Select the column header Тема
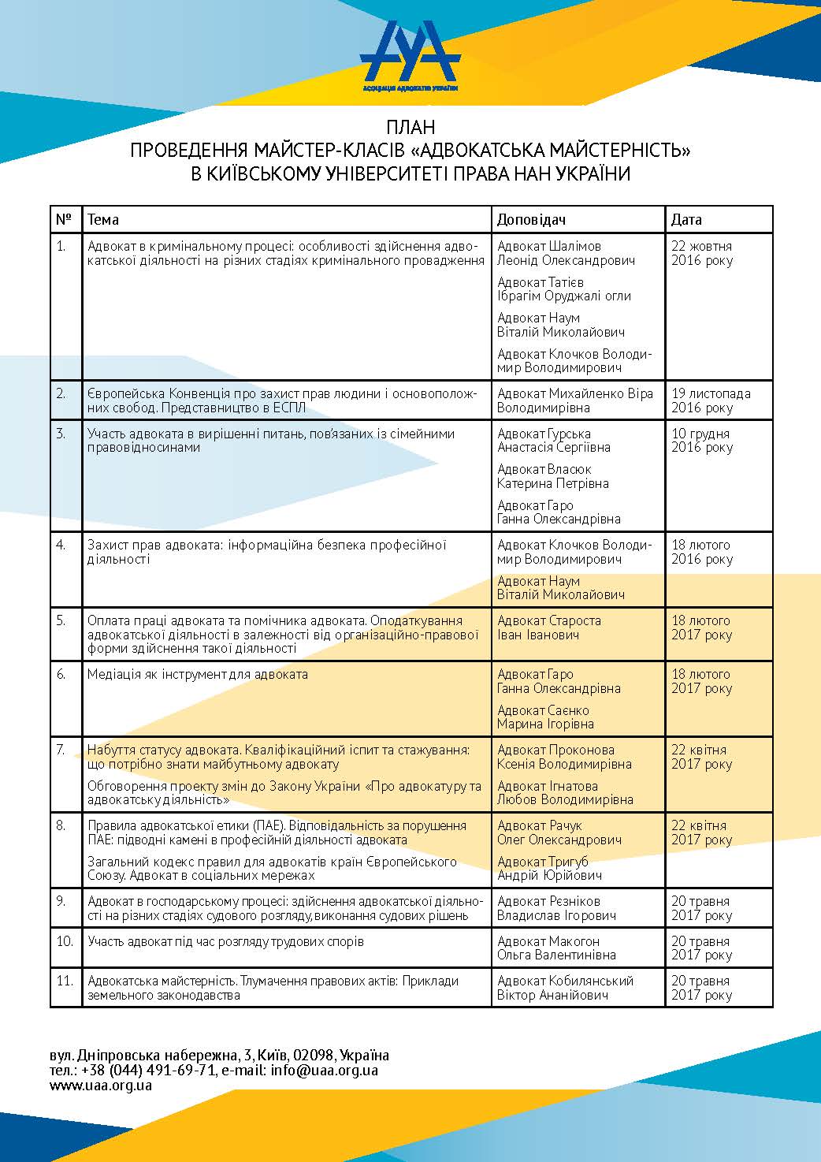point(103,219)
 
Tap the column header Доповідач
point(531,219)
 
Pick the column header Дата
point(686,219)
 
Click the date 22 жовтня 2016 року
point(701,253)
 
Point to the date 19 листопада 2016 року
point(710,400)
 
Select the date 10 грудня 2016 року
point(701,440)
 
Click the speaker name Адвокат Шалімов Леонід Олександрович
point(566,253)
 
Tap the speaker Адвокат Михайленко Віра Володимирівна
point(574,400)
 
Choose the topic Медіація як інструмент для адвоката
point(198,674)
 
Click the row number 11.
point(65,981)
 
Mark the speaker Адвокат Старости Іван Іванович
point(549,628)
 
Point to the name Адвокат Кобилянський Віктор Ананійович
point(565,988)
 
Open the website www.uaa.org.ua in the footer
point(100,1085)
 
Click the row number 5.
point(61,620)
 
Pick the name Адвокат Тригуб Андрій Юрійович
point(549,868)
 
